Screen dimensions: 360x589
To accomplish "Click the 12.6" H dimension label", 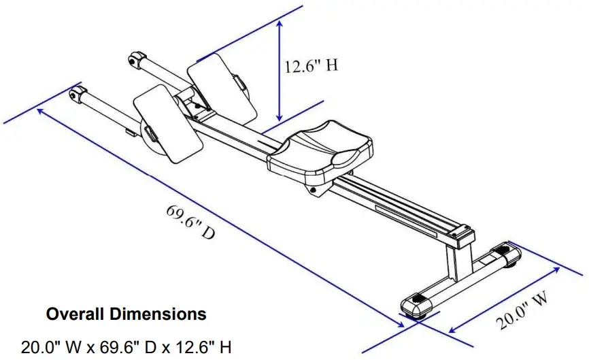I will pyautogui.click(x=310, y=66).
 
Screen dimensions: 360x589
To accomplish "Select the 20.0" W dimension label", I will pyautogui.click(x=523, y=311).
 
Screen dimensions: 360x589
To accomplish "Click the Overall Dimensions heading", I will pyautogui.click(x=126, y=314).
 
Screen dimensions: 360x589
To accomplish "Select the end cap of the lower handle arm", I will pyautogui.click(x=78, y=93).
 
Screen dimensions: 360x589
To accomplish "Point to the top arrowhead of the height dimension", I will pyautogui.click(x=279, y=24).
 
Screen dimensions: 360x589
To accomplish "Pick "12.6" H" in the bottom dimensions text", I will pyautogui.click(x=199, y=347).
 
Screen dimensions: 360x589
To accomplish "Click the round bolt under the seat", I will pyautogui.click(x=314, y=191).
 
